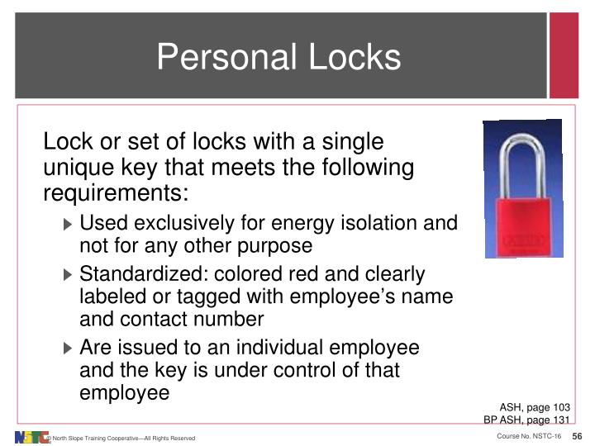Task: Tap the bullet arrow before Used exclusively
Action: click(x=69, y=224)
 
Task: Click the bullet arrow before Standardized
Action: click(x=69, y=275)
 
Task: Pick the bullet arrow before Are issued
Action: click(x=69, y=348)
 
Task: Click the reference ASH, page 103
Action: click(x=534, y=406)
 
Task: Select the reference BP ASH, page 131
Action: click(x=526, y=419)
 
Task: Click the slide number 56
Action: click(x=577, y=436)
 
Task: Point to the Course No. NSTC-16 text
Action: click(x=529, y=436)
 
